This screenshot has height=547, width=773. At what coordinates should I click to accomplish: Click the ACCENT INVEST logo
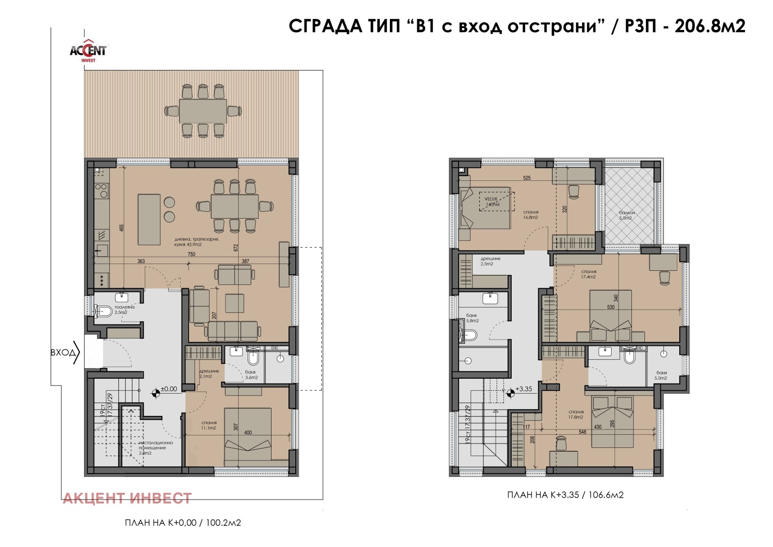tap(88, 50)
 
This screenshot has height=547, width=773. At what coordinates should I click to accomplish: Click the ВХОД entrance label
tap(63, 353)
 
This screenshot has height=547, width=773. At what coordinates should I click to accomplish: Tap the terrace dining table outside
tap(203, 111)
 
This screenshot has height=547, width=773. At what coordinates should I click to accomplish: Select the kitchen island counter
tap(149, 220)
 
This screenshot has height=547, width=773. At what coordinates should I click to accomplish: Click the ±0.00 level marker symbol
tap(156, 393)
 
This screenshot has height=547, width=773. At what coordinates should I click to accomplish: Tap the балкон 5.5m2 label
tap(627, 215)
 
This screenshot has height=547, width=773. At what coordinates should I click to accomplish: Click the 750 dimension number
tap(192, 254)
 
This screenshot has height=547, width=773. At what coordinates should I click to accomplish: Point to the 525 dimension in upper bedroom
tap(527, 178)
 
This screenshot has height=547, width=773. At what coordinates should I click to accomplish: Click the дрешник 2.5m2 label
tap(490, 261)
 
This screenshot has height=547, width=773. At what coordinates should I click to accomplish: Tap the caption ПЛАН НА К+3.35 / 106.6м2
tap(565, 495)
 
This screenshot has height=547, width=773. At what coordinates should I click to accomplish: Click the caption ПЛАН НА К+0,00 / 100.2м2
tap(183, 523)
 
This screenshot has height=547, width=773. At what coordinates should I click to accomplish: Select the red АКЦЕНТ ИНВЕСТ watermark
tap(128, 498)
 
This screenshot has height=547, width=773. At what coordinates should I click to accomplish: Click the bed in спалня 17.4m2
tap(611, 317)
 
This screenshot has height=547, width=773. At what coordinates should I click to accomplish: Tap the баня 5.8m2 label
tap(472, 318)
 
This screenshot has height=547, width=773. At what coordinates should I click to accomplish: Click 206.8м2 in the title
tap(710, 26)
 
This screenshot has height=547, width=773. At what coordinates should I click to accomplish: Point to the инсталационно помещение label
tap(156, 445)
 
